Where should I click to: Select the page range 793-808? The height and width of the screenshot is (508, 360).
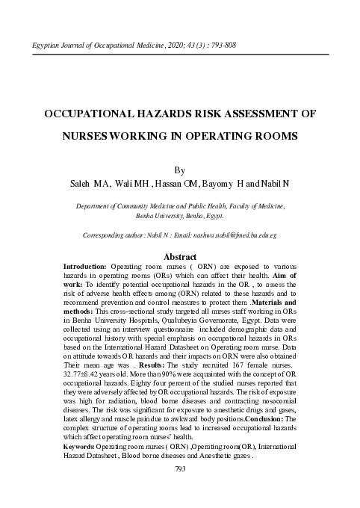pos(216,46)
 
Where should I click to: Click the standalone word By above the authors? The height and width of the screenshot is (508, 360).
pos(179,170)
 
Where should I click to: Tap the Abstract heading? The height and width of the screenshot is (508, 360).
pos(179,256)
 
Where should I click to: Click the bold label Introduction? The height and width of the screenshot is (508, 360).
pos(85,266)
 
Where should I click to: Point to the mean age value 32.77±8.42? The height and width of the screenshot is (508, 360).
pos(81,375)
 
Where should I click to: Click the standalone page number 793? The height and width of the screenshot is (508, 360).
pos(179,468)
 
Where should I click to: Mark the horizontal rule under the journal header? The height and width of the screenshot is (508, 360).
pos(179,55)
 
